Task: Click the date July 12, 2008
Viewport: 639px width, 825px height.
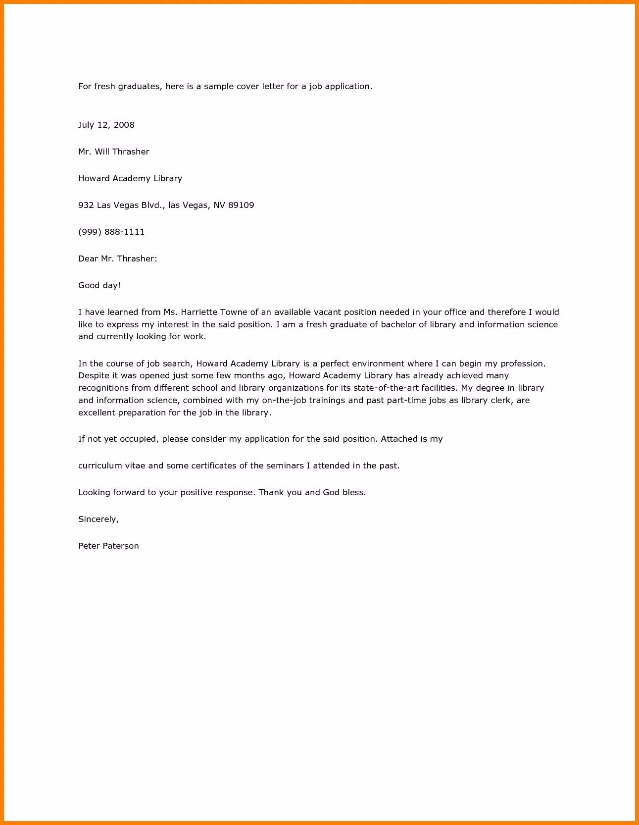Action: click(x=106, y=125)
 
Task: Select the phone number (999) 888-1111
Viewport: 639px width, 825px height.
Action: click(x=111, y=232)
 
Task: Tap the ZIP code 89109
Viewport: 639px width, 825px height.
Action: click(x=241, y=205)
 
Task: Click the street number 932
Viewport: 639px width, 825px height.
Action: click(x=86, y=205)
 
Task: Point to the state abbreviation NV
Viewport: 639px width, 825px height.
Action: click(x=219, y=205)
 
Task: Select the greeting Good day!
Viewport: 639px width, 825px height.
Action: click(x=99, y=285)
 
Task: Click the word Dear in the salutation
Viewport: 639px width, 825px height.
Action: click(x=88, y=258)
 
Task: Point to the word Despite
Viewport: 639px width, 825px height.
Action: click(x=94, y=376)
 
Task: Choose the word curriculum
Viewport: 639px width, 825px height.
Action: click(x=100, y=465)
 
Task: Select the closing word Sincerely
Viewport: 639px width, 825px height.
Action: click(x=98, y=519)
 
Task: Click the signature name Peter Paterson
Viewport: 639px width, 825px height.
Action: click(x=108, y=546)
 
